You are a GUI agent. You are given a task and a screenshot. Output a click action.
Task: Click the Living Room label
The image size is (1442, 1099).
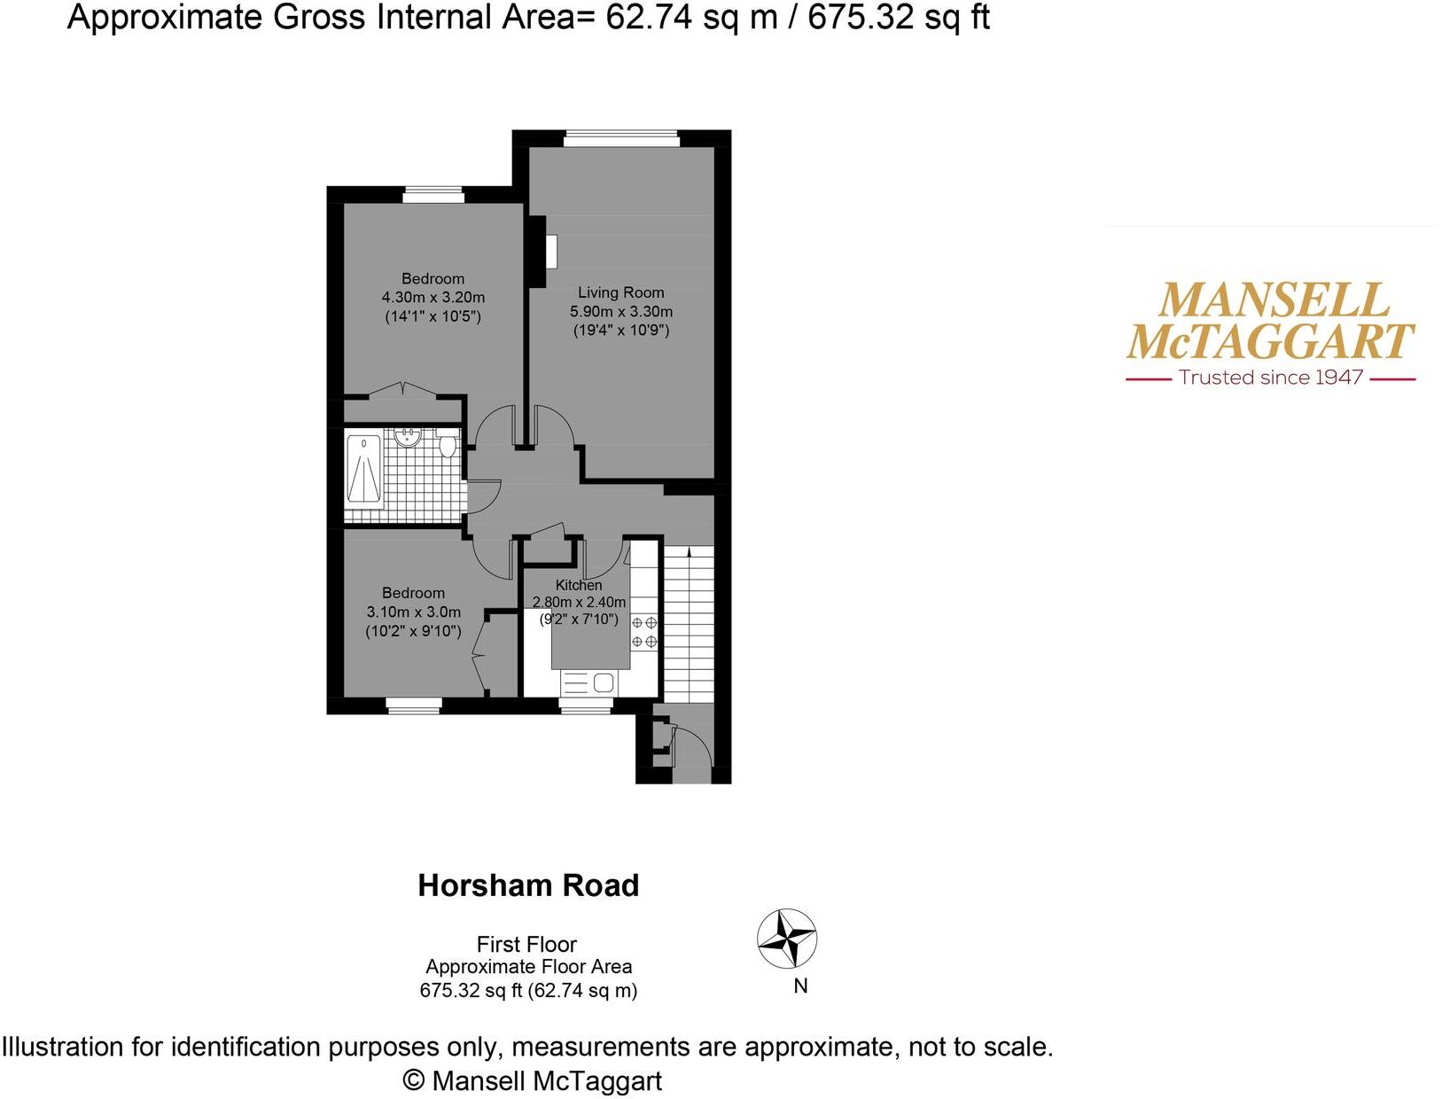point(620,292)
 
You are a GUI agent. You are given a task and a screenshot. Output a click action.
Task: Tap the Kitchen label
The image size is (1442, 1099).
point(579,585)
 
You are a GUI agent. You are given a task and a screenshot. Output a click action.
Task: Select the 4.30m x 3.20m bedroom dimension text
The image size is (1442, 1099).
point(433,298)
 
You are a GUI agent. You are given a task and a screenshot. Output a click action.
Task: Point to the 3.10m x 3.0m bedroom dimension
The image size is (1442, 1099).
point(414,612)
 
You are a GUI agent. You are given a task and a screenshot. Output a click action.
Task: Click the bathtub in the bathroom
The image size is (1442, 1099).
point(363,470)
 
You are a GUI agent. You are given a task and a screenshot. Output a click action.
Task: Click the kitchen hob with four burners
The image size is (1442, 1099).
point(644,632)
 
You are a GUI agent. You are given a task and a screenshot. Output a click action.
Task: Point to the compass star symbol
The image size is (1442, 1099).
point(787,938)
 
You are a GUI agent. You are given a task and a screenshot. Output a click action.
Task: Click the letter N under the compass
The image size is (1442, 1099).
point(800,986)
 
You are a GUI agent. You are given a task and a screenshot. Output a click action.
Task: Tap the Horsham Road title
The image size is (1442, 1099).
point(528,885)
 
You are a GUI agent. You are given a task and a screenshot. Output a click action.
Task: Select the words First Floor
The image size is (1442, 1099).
point(526,945)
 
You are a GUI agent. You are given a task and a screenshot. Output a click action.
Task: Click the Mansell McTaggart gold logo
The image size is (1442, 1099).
point(1270,321)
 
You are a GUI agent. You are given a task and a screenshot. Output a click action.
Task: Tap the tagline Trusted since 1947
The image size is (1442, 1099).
point(1270,378)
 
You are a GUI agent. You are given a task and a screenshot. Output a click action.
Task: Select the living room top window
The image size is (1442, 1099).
point(621,138)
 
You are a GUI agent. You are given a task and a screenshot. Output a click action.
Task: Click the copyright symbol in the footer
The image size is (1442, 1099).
point(413,1080)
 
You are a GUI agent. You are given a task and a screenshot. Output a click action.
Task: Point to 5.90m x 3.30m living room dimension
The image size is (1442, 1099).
point(620,312)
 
